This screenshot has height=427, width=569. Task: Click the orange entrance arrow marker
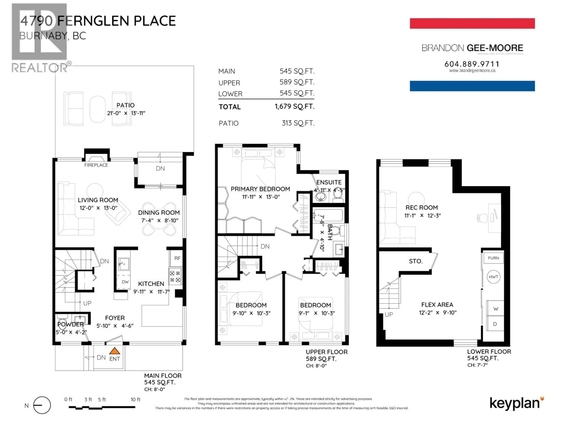tap(115, 351)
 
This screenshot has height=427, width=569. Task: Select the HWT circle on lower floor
tap(493, 277)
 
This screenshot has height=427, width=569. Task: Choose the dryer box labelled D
tap(495, 324)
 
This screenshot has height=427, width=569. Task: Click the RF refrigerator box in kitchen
tap(177, 258)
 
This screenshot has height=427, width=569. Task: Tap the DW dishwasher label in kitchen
tap(125, 282)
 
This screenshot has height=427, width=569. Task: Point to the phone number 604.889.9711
tap(472, 64)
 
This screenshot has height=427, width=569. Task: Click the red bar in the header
tap(472, 23)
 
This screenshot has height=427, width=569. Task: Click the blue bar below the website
tap(472, 86)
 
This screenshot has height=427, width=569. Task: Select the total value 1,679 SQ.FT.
tap(295, 106)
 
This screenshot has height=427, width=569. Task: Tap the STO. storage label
tap(416, 261)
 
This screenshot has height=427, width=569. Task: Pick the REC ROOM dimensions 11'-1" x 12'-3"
tap(422, 215)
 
